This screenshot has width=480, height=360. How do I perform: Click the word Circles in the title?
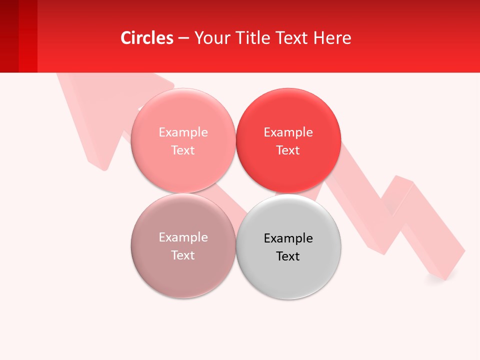(147, 38)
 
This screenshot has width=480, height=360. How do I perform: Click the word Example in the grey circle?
(288, 238)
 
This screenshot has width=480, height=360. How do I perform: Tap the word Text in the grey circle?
(288, 256)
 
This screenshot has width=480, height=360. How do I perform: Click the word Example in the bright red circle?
(288, 132)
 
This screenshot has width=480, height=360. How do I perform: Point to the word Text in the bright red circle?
(288, 150)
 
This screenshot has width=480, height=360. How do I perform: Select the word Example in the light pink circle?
(183, 132)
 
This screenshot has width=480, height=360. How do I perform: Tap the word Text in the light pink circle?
(183, 150)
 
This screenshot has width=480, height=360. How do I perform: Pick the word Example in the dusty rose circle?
(183, 237)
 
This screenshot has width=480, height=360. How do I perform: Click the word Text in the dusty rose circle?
(183, 255)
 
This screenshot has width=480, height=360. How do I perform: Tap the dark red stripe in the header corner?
(9, 36)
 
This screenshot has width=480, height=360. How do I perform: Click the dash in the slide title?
(183, 38)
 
